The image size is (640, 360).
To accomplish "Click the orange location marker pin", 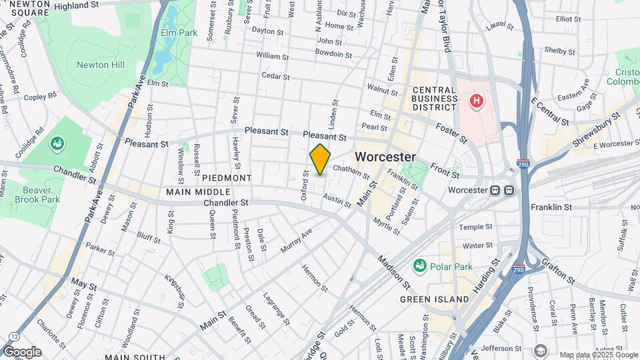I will pos(320,159).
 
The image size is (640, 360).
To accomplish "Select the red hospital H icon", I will pos(476,101).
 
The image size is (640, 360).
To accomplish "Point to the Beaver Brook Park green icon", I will pos(57,143).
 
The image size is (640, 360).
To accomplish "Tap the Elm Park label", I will pos(179,32).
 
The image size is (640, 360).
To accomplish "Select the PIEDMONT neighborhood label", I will pos(227,178).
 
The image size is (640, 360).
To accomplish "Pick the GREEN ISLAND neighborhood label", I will pos(434,299).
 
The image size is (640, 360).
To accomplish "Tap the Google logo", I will pos(22,351).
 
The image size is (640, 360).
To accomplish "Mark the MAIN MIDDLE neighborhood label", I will pos(193,192).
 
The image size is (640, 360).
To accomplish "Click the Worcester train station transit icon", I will pos(502,189).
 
